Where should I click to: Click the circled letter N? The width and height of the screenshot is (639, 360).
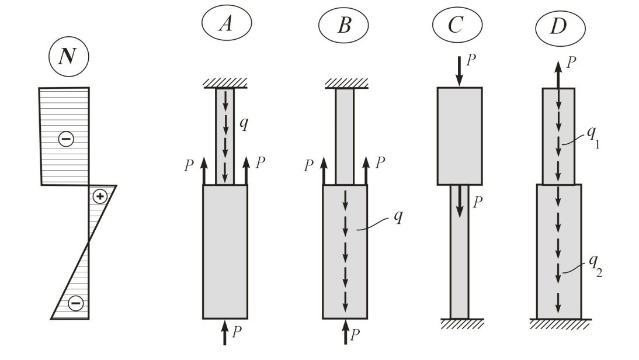coord(68,56)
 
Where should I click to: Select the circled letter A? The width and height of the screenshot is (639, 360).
coord(227,23)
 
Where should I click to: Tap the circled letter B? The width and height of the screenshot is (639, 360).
coord(343,25)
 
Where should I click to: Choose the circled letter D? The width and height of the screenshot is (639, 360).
coord(560,27)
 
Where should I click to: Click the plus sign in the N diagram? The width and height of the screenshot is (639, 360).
coord(100,196)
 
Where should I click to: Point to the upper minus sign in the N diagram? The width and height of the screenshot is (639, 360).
coord(66,139)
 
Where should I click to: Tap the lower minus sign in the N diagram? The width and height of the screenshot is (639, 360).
coord(75,303)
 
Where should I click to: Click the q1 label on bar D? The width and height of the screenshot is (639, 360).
coord(592,137)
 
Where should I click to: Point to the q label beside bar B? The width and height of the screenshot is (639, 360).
coord(398,216)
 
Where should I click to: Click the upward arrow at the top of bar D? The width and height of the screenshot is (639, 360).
coord(558,75)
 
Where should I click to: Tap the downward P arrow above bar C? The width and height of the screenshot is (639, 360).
coord(459,72)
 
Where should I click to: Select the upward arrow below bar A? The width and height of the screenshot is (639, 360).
coord(224,333)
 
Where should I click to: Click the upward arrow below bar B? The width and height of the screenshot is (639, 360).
coord(345,332)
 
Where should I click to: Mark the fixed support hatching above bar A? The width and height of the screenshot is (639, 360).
coord(225,84)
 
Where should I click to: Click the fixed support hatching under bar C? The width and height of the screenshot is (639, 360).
coord(462,324)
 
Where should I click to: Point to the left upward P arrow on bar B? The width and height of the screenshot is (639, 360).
coord(324,171)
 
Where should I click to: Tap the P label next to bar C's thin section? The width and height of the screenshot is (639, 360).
coord(478,202)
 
